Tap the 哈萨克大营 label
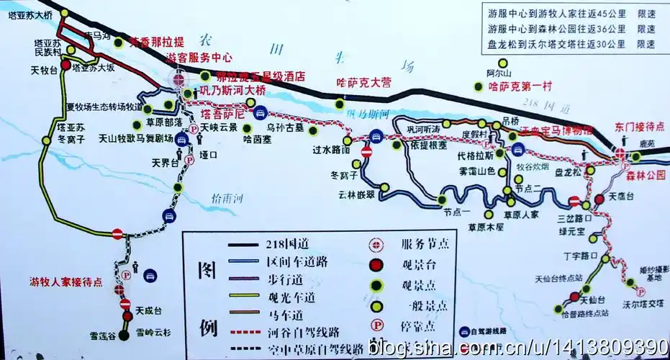[364, 82]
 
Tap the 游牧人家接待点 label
[65, 281]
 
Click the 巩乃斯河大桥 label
[232, 91]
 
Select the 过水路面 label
[331, 150]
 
